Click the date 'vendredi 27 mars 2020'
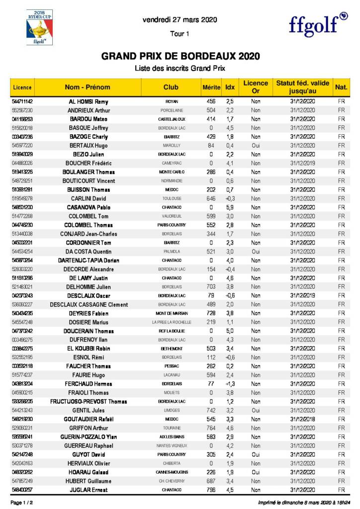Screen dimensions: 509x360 pos(180,20)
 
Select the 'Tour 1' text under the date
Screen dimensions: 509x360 pos(180,34)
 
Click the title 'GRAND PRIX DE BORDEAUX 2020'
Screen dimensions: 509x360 pos(180,56)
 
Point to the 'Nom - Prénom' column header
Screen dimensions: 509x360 pos(88,87)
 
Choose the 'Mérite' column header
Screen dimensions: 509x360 pos(211,87)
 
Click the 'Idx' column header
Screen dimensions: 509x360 pos(230,87)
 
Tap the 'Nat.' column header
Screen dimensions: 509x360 pos(341,87)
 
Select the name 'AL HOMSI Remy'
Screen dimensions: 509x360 pos(89,101)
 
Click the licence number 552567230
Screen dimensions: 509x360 pos(22,110)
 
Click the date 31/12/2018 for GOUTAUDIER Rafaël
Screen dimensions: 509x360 pos(303,419)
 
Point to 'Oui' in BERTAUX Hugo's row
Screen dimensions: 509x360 pos(256,146)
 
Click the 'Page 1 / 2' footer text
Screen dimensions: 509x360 pos(22,503)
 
